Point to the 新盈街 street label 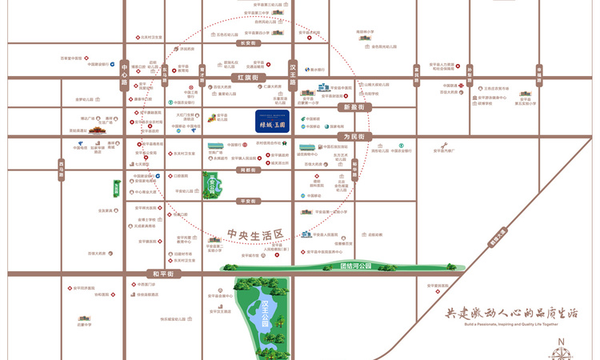[x=354, y=106]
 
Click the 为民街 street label [x=354, y=137]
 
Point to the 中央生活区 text [x=256, y=234]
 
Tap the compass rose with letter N [x=561, y=346]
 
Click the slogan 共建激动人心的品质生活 [x=512, y=313]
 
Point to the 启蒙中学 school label [x=84, y=325]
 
